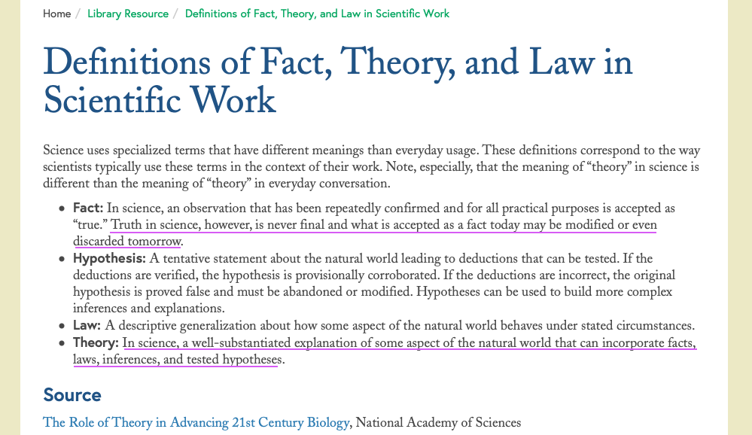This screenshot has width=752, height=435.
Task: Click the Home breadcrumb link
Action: (56, 14)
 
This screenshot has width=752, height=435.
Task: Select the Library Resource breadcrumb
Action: (128, 14)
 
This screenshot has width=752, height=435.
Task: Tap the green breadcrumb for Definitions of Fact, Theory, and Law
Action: (317, 14)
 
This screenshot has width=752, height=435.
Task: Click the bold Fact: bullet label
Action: (88, 208)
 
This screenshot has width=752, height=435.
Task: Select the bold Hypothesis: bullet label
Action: (110, 258)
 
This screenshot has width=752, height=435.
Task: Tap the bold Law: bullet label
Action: (87, 326)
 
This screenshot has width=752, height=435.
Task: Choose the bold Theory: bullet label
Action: (96, 343)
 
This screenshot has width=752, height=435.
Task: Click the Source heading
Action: (72, 395)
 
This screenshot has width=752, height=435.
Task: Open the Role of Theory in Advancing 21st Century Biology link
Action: (196, 422)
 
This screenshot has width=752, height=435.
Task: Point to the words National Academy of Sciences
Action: (438, 422)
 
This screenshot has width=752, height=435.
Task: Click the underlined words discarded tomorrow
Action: (127, 241)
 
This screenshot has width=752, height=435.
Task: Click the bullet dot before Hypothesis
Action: (62, 259)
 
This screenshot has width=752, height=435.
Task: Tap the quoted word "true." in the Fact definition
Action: (90, 224)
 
